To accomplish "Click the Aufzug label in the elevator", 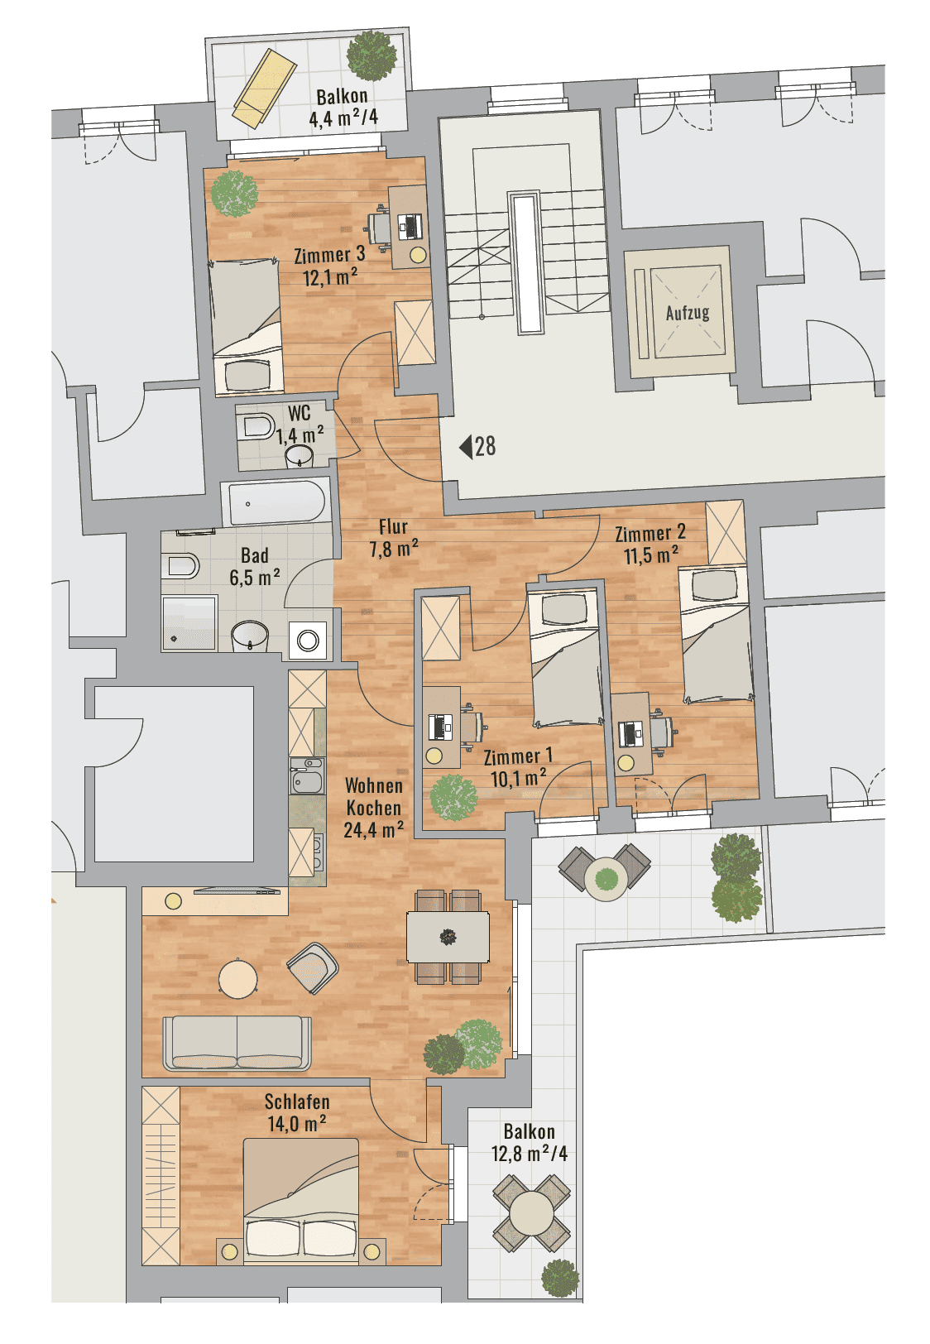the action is pyautogui.click(x=687, y=313).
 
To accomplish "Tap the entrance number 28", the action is pyautogui.click(x=486, y=446).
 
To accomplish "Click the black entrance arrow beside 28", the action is pyautogui.click(x=466, y=447).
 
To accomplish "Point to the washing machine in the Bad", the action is pyautogui.click(x=308, y=641).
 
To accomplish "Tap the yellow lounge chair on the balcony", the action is pyautogui.click(x=265, y=88).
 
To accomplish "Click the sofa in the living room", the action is pyautogui.click(x=237, y=1043).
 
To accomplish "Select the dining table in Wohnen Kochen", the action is pyautogui.click(x=448, y=937).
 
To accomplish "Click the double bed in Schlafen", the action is pyautogui.click(x=300, y=1197).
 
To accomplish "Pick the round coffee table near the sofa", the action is pyautogui.click(x=238, y=978).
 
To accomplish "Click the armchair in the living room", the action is pyautogui.click(x=313, y=967).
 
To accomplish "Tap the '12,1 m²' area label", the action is pyautogui.click(x=330, y=278).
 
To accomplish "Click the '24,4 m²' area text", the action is pyautogui.click(x=373, y=830).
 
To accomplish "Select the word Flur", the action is pyautogui.click(x=394, y=527).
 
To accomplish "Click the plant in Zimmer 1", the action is pyautogui.click(x=453, y=798).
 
